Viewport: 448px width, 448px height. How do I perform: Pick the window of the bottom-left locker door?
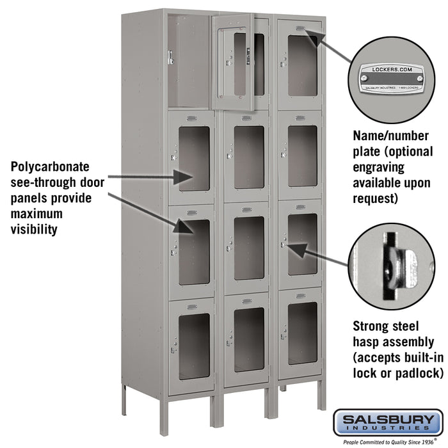(194, 346)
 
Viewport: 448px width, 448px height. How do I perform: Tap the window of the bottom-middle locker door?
(248, 339)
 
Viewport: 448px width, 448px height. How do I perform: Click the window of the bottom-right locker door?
(302, 333)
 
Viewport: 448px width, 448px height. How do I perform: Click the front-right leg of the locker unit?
(321, 396)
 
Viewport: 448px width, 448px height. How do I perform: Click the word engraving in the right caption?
(379, 168)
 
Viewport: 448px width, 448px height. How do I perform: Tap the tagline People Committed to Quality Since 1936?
(387, 442)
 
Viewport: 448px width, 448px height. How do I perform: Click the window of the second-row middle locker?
(248, 157)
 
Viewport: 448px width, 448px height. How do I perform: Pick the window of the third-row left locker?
(194, 252)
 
